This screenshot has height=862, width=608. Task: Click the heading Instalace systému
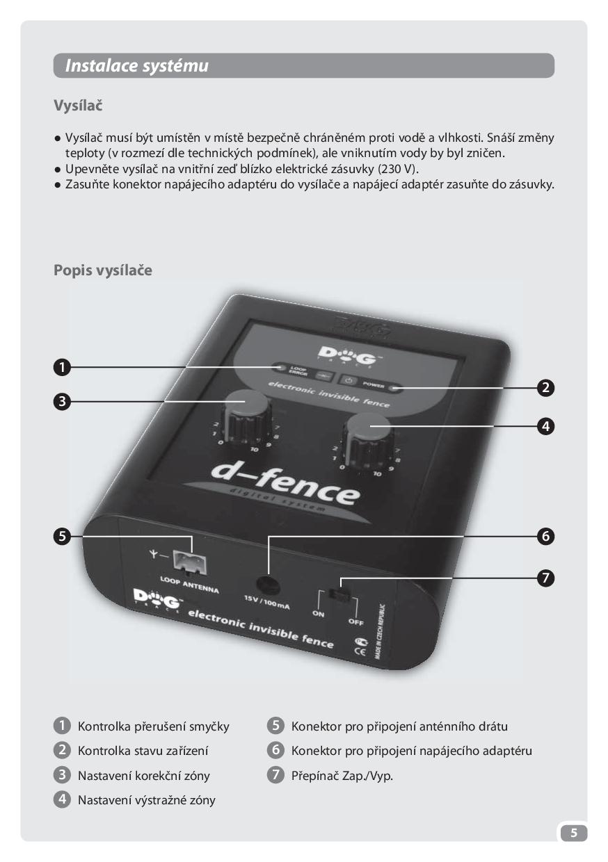136,66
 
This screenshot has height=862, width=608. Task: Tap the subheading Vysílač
78,106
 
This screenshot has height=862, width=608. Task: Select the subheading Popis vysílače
103,270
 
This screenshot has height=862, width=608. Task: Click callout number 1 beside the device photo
62,367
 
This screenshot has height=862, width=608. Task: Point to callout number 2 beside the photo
545,387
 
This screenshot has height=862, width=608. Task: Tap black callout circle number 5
62,536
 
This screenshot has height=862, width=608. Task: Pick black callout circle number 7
545,578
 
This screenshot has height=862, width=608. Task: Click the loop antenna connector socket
189,563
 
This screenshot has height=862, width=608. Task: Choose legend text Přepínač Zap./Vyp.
342,775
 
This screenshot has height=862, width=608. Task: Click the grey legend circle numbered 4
62,799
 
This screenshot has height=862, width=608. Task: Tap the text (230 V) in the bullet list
399,169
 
